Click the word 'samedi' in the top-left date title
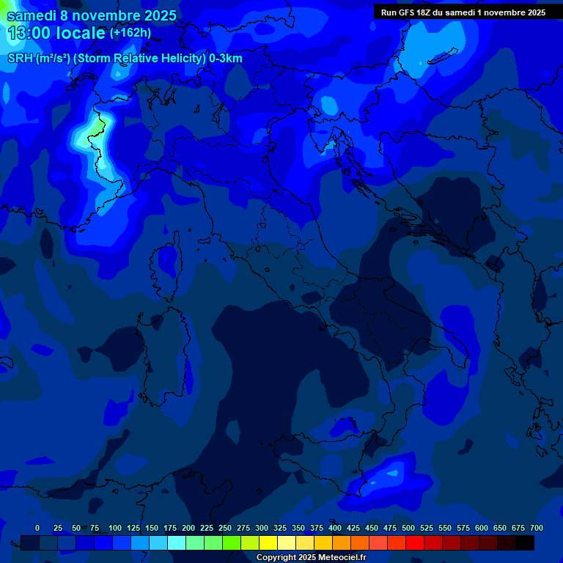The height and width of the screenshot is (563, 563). tap(30, 15)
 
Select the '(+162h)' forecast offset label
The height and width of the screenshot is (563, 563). tap(130, 33)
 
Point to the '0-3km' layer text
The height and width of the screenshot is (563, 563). tap(226, 59)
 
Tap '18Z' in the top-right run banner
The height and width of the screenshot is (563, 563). tap(424, 12)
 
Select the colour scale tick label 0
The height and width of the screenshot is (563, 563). tap(37, 529)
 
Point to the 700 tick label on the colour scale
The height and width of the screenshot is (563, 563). tap(536, 529)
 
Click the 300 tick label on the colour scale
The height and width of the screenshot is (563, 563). tap(262, 529)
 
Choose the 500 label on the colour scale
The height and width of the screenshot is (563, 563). tap(408, 529)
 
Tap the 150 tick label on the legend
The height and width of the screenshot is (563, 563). tap(152, 529)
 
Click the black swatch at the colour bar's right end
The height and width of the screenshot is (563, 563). tap(525, 543)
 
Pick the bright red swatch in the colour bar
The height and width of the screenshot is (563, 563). tap(415, 543)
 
